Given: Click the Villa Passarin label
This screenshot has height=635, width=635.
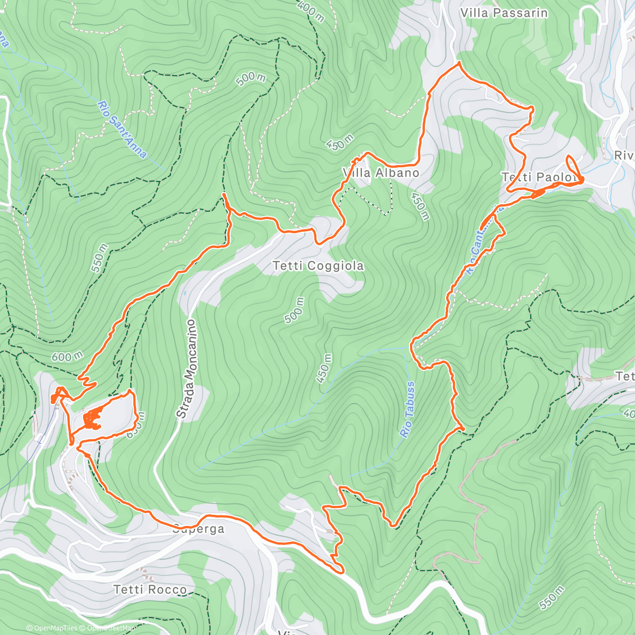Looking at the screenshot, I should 504,13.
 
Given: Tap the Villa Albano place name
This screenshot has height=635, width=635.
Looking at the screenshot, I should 381,173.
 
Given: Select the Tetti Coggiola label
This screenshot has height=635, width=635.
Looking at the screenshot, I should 319,266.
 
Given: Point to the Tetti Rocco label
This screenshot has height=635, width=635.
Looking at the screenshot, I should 150,589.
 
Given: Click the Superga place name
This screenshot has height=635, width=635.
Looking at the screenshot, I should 198,529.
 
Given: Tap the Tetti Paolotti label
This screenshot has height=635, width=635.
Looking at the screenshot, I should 540,177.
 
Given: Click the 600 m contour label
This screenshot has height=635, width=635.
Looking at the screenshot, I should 67,357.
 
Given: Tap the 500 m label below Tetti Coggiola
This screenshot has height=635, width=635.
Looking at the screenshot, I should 295,310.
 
